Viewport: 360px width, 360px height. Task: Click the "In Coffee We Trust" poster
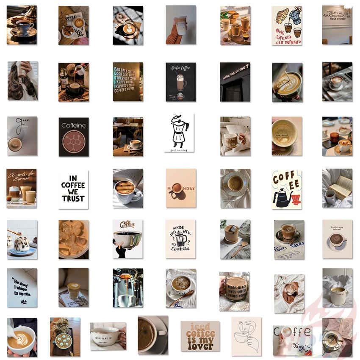tap(73, 189)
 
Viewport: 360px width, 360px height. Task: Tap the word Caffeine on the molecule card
tap(73, 125)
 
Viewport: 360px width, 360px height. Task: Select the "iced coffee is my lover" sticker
tap(200, 336)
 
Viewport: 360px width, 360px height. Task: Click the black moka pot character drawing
tap(179, 132)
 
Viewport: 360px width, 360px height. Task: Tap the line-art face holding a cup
tap(246, 336)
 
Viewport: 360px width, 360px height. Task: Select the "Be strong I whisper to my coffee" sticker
tap(22, 288)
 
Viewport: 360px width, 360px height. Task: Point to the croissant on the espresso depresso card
tap(282, 16)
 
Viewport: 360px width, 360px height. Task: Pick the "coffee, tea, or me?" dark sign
tap(235, 82)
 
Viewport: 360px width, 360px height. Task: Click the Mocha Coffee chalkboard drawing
tap(180, 82)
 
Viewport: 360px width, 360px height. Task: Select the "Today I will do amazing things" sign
tap(337, 25)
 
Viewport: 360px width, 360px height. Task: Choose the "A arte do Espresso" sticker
tap(21, 188)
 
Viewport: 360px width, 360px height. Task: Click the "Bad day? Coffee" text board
tap(128, 82)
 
